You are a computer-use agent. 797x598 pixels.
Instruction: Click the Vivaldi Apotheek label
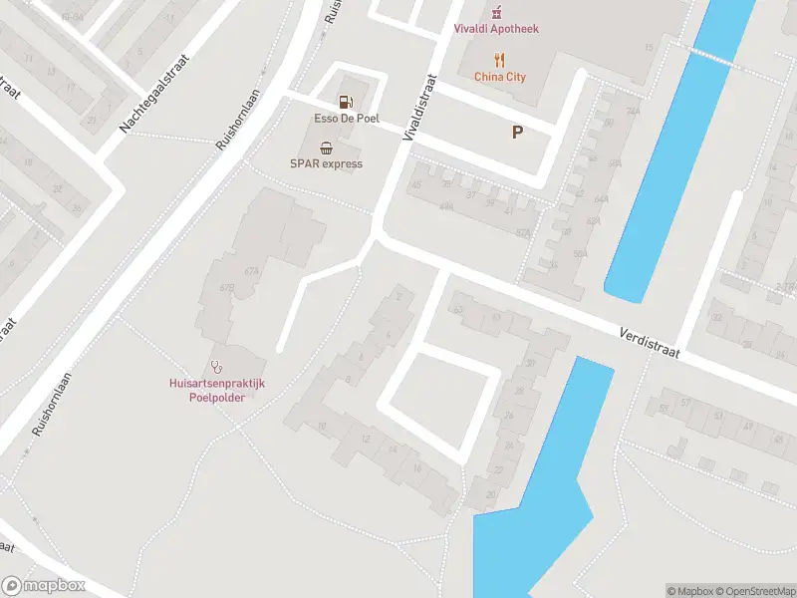[x=496, y=29]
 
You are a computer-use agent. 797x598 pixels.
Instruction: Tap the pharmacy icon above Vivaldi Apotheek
[x=496, y=12]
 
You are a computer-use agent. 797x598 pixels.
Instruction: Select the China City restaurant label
[x=500, y=77]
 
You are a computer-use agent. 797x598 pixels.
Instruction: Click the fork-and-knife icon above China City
[x=500, y=59]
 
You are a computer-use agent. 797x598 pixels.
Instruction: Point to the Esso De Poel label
[x=347, y=118]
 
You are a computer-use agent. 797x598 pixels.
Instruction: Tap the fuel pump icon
[x=346, y=101]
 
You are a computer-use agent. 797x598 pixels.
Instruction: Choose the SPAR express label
[x=326, y=163]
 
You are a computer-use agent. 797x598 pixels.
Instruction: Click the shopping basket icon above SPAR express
[x=326, y=147]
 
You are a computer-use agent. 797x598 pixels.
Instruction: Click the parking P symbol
[x=517, y=132]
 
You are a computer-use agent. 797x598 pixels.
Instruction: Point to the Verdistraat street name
[x=648, y=345]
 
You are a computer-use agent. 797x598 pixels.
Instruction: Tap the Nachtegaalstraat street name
[x=154, y=95]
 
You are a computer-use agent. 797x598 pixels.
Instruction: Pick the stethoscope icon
[x=216, y=366]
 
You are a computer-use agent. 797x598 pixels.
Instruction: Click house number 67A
[x=251, y=270]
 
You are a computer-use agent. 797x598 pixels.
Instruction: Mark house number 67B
[x=227, y=288]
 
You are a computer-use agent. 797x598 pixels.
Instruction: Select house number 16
[x=416, y=468]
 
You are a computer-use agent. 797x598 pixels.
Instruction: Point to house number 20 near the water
[x=491, y=494]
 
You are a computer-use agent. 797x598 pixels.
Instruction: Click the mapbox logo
[x=44, y=586]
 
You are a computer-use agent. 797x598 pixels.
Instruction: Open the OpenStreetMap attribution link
[x=753, y=591]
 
